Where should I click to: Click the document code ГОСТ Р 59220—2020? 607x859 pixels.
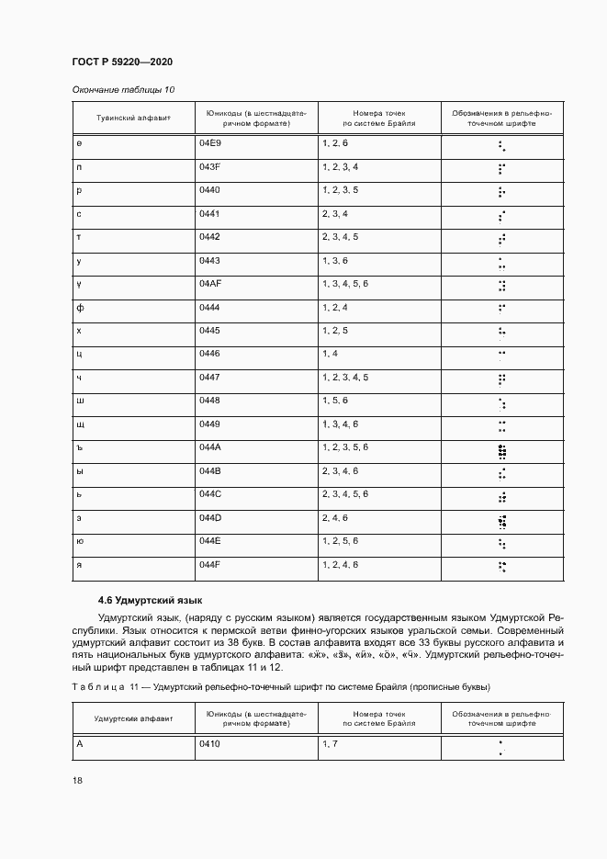(x=122, y=62)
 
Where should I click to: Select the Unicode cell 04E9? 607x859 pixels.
(x=210, y=144)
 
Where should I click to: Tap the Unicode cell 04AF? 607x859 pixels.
(x=210, y=284)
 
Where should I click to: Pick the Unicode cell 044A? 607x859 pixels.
(x=210, y=446)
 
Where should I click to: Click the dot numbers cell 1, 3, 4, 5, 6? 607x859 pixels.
(x=345, y=284)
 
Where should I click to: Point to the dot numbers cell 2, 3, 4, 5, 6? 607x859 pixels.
(x=345, y=494)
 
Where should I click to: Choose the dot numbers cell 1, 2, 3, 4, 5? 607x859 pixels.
(x=345, y=378)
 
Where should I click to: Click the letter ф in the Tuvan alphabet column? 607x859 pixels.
(x=80, y=308)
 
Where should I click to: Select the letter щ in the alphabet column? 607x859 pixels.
(x=81, y=424)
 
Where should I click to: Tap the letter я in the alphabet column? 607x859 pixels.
(x=80, y=563)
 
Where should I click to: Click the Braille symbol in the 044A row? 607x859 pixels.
(x=501, y=450)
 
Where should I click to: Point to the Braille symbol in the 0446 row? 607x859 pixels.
(x=501, y=354)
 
